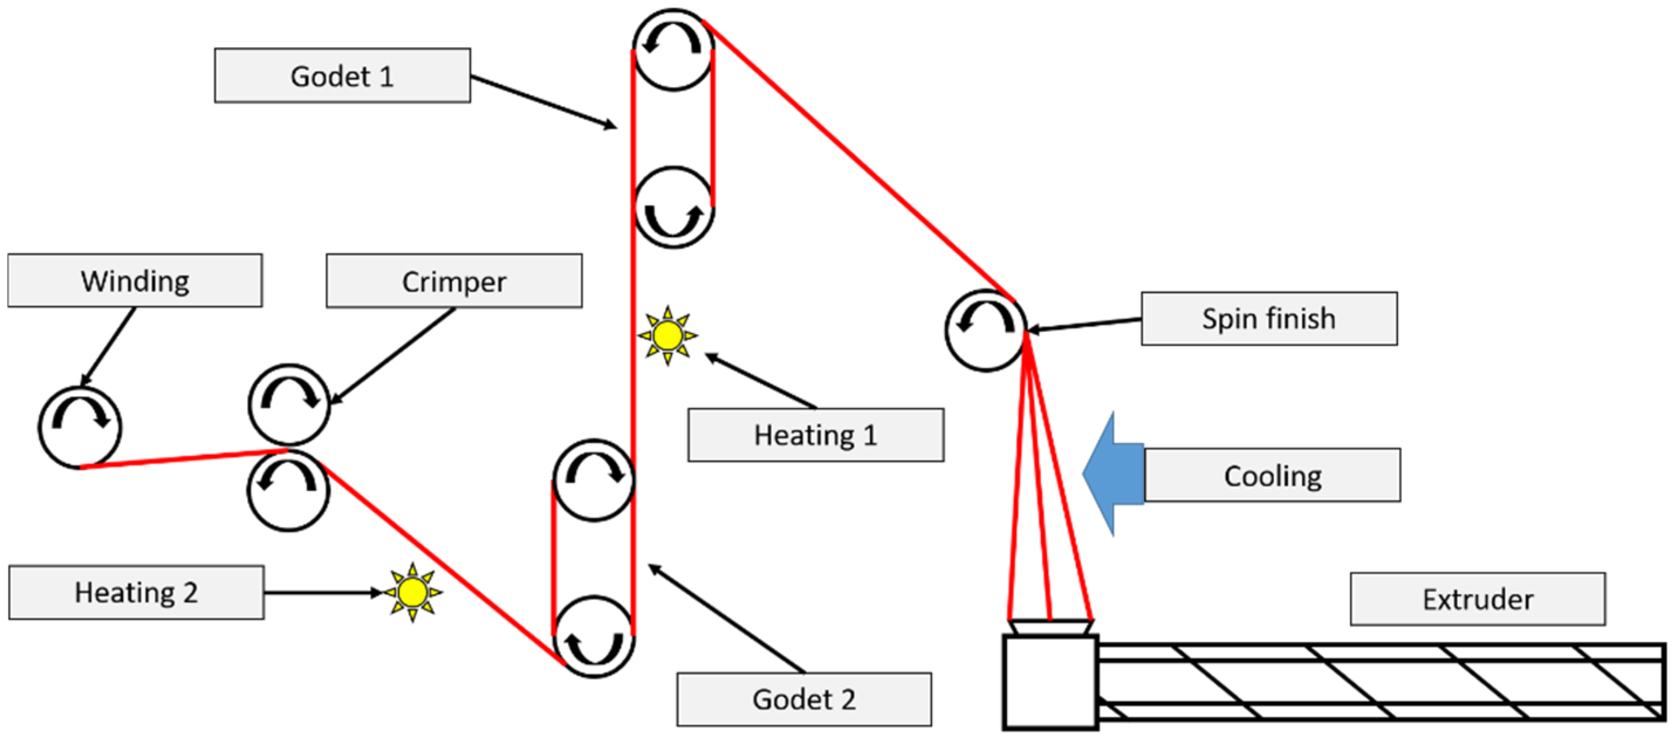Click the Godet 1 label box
tap(343, 75)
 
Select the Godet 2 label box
tap(804, 699)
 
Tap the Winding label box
tap(135, 280)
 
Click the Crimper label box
tap(454, 281)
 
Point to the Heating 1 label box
tap(816, 435)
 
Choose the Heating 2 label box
tap(136, 592)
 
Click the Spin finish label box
tap(1269, 318)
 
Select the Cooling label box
tap(1272, 475)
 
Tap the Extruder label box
tap(1478, 598)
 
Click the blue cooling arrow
tap(1113, 475)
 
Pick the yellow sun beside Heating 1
tap(668, 336)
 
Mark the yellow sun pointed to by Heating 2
tap(412, 592)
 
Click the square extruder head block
tap(1050, 682)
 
